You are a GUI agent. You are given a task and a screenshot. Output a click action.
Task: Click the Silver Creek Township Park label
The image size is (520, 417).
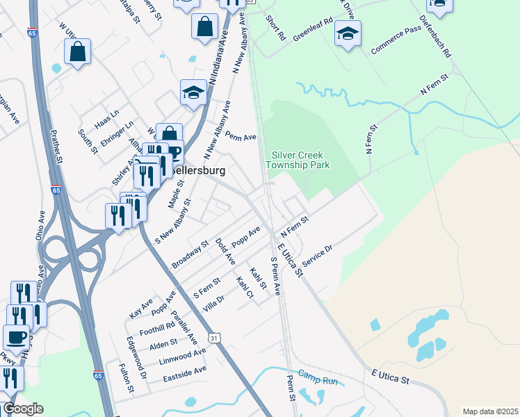click(x=300, y=160)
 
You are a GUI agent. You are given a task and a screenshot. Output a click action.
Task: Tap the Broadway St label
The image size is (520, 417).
click(x=190, y=255)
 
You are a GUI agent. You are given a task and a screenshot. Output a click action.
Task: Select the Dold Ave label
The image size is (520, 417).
click(x=225, y=251)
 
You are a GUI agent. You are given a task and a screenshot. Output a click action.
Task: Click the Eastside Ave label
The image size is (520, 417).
click(x=184, y=375)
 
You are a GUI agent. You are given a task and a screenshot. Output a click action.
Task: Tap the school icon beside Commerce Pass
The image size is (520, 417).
click(x=348, y=33)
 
